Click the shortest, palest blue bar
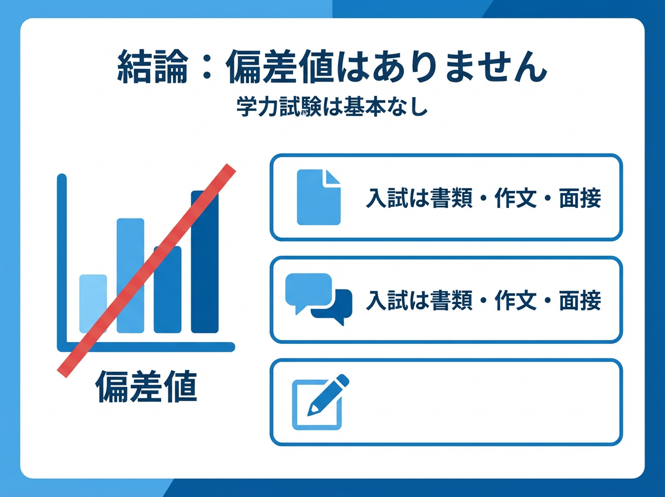pos(93,311)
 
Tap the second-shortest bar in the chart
pos(167,300)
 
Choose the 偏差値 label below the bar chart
pos(146,387)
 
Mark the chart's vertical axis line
pos(62,261)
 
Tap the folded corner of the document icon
pos(332,177)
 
